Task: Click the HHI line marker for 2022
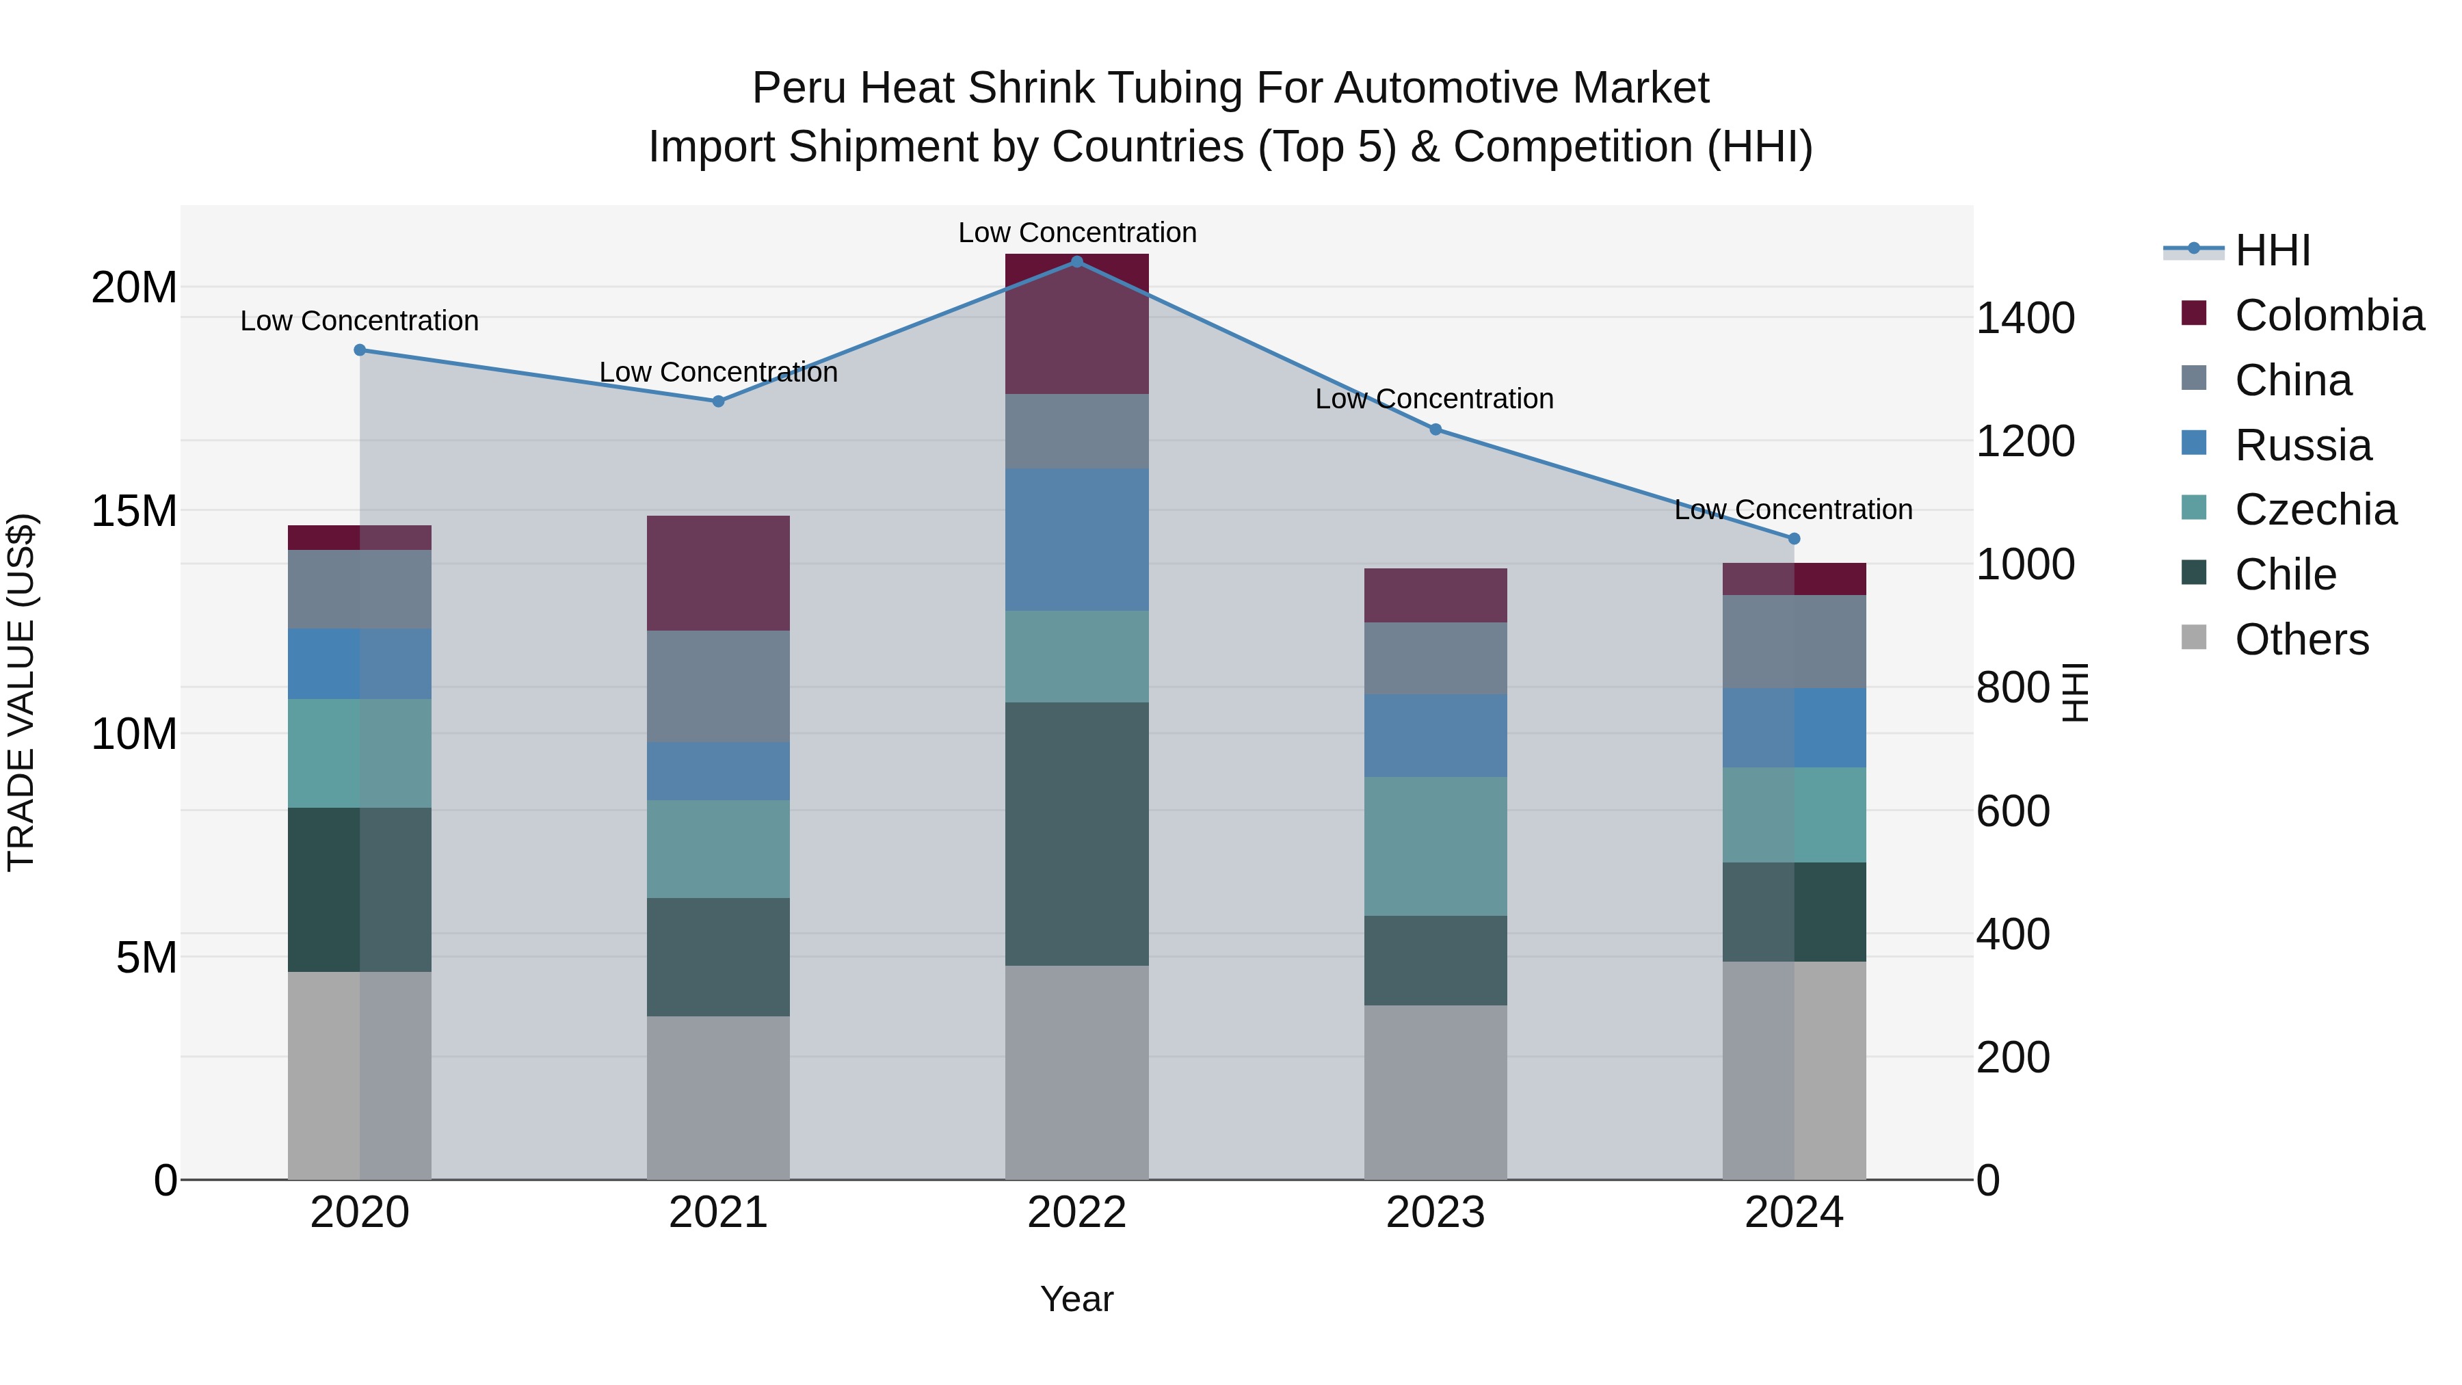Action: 1076,262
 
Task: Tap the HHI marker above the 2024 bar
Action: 1793,539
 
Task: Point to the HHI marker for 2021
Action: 718,401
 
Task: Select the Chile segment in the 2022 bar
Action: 1076,834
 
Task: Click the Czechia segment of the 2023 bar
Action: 1435,846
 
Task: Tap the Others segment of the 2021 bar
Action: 718,1097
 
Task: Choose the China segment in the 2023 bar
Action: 1435,659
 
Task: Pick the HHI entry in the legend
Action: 2272,250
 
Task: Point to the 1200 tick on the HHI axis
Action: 2024,442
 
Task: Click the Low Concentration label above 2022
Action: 1077,233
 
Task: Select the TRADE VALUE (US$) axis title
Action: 21,692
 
